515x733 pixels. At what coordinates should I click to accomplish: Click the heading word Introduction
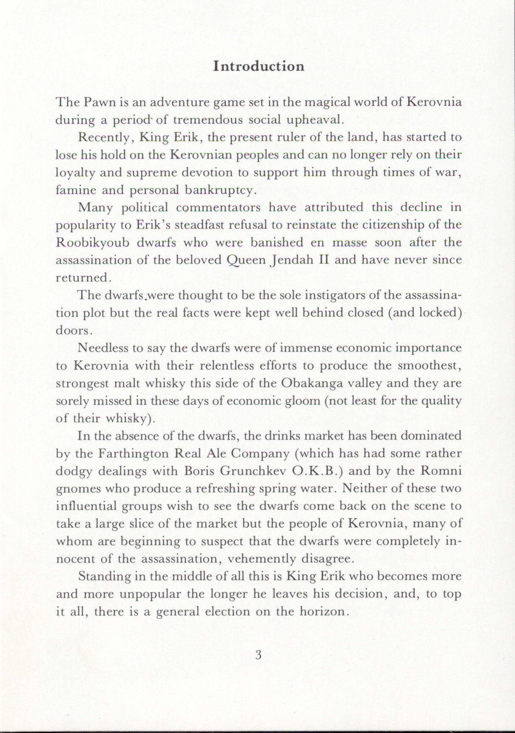point(259,66)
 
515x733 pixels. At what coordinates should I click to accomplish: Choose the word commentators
point(218,208)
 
